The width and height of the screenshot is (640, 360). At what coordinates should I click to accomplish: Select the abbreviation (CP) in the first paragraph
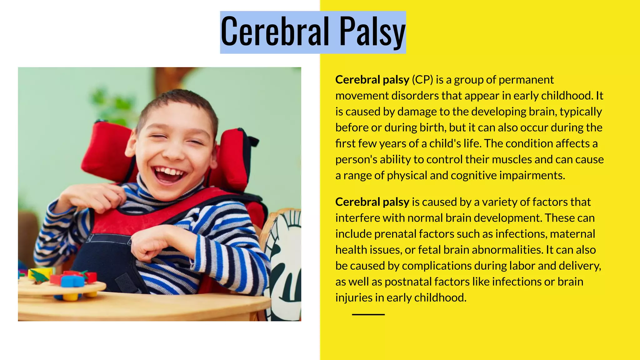pos(422,80)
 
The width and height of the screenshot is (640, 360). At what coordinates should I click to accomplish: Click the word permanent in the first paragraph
pos(526,80)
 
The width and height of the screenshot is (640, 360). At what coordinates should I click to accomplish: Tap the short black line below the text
pos(368,314)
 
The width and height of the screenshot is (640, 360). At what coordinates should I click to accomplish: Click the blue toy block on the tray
pos(72,281)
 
